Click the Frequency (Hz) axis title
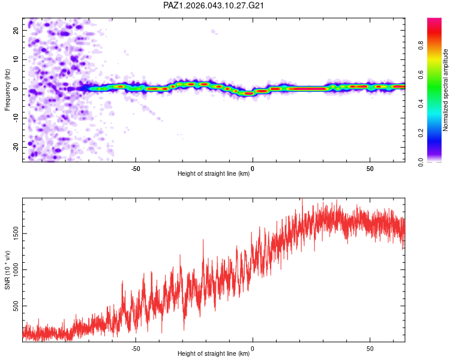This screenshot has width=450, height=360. pyautogui.click(x=7, y=89)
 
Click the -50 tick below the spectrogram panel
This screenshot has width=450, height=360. pyautogui.click(x=136, y=169)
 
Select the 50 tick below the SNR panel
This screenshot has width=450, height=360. pyautogui.click(x=370, y=349)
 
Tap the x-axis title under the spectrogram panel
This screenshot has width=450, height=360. pyautogui.click(x=214, y=174)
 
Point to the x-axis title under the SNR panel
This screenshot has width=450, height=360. pyautogui.click(x=214, y=354)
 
